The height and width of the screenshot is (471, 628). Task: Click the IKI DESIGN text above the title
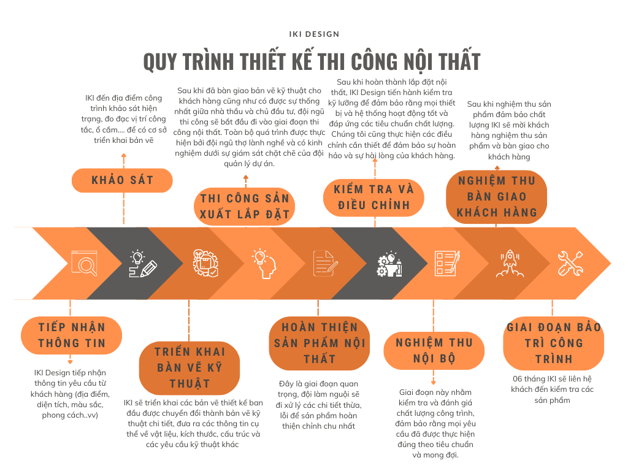point(314,34)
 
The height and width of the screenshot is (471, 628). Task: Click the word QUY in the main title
point(160,62)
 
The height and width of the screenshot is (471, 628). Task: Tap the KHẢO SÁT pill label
point(122,180)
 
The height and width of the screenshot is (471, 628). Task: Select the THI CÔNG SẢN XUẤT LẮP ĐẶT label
point(244,206)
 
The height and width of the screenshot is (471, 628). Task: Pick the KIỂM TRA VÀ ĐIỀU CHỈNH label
point(373,197)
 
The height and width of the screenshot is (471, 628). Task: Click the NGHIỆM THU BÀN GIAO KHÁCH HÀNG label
point(497,197)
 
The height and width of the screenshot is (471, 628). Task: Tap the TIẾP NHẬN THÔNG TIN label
point(71,335)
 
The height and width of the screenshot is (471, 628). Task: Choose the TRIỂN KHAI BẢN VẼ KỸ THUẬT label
point(190,368)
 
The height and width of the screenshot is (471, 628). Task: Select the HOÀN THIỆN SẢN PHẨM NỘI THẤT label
point(319,343)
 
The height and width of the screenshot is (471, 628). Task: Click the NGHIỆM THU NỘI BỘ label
point(434,350)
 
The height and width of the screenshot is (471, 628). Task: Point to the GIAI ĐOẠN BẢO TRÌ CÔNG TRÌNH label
point(554,343)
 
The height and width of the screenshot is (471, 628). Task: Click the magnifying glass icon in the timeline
point(84,263)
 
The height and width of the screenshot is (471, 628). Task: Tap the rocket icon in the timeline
point(510,263)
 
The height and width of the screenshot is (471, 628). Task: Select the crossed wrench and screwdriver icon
point(570,263)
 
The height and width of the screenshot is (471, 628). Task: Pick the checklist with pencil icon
point(447,263)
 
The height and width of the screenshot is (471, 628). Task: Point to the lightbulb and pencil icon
point(143,264)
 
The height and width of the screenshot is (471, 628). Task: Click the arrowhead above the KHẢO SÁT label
point(124,155)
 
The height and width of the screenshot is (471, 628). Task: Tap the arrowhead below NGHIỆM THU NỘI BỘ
point(434,383)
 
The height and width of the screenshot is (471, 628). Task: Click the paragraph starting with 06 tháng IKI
point(553,389)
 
